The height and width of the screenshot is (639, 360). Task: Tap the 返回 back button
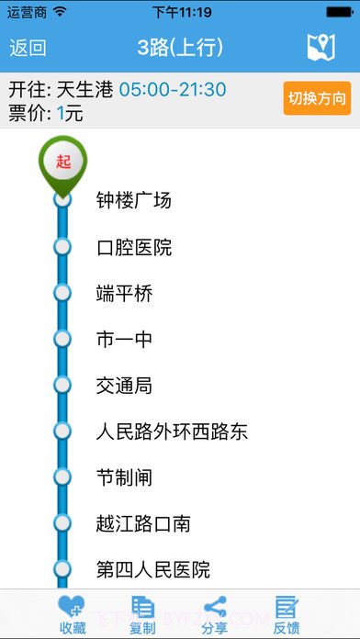point(28,48)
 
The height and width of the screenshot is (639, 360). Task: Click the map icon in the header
point(321,48)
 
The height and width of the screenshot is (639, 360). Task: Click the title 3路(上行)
point(180,48)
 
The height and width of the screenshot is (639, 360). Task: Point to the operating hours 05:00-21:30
point(173,90)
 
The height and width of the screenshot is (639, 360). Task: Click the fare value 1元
point(70,113)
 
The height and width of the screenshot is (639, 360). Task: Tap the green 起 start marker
point(62,162)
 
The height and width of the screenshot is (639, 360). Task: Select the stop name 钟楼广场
point(134,200)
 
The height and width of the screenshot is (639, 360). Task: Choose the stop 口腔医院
point(134,247)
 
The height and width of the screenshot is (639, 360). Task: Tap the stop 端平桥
point(124,294)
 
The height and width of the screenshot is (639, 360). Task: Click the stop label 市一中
point(124,340)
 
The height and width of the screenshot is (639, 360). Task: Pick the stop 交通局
point(124,386)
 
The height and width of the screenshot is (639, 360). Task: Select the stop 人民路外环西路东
point(172,432)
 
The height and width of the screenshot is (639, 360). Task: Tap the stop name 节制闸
point(124,477)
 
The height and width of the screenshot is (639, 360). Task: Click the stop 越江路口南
point(143,523)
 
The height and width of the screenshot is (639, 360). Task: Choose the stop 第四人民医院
point(152,569)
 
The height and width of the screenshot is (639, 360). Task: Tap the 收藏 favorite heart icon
point(72,607)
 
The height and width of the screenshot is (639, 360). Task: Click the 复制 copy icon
point(142,607)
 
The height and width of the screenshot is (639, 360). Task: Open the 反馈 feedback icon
point(287,607)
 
